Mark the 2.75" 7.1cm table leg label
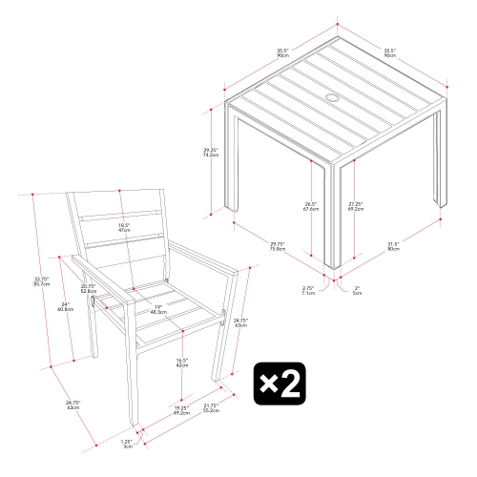tap(308, 290)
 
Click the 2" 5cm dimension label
tap(355, 291)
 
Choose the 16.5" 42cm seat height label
tap(181, 362)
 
